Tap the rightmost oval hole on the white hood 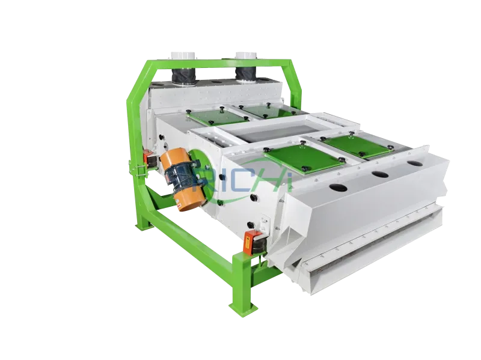coord(414,163)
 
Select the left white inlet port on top coord(180,55)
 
